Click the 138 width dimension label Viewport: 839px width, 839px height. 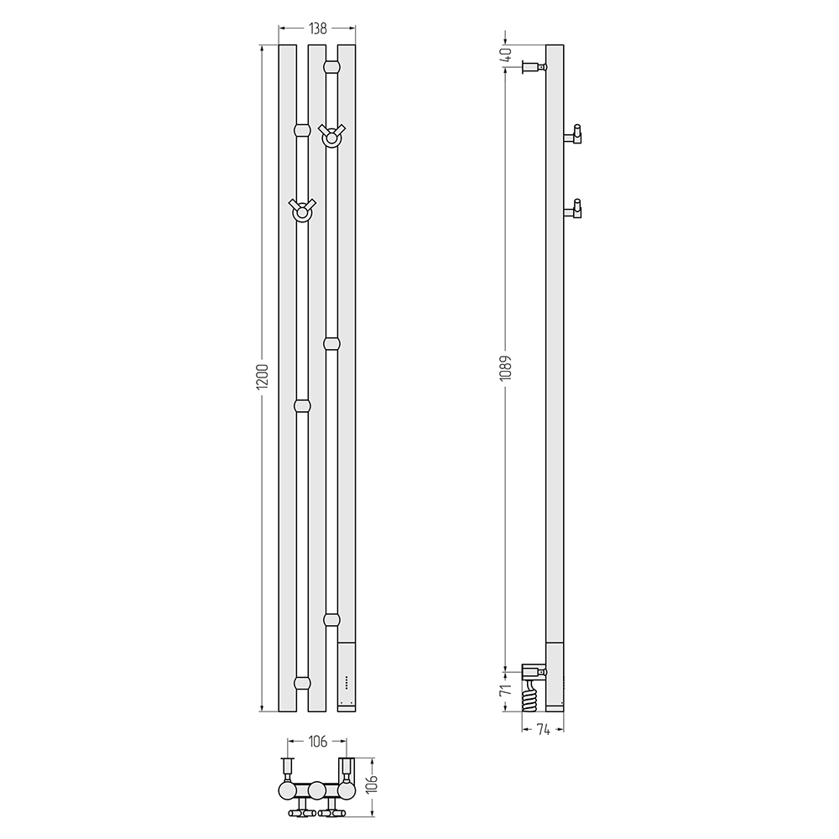click(x=318, y=29)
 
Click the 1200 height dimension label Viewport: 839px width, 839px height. click(x=262, y=378)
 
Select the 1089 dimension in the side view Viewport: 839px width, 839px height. click(x=506, y=367)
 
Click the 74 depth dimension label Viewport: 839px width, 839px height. click(x=543, y=730)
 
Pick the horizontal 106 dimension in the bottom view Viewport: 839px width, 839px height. click(x=317, y=742)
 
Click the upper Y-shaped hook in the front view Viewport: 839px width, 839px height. click(x=331, y=136)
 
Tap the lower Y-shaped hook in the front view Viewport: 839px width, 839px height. click(x=302, y=211)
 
